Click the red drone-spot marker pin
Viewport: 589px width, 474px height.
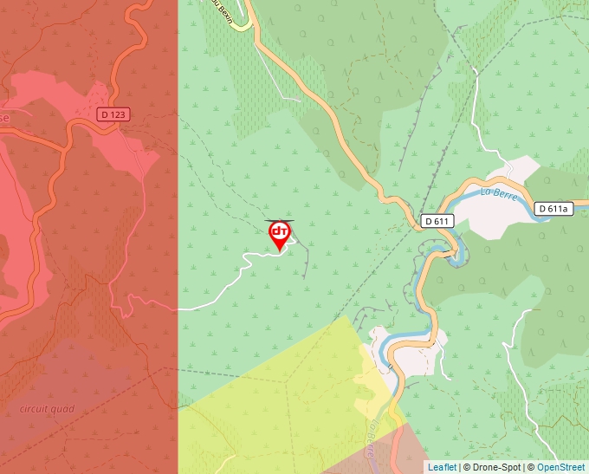pos(280,235)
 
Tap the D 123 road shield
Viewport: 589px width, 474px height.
pos(113,114)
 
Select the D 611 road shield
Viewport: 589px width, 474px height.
pos(438,221)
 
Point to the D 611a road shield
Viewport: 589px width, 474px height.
pos(553,208)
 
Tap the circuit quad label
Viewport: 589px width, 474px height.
pos(48,409)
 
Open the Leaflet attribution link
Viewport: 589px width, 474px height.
pos(442,467)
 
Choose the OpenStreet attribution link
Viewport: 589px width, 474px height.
pos(562,467)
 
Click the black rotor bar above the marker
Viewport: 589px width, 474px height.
pos(279,221)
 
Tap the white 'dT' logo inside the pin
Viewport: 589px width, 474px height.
pos(280,231)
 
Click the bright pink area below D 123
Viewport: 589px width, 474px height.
pos(121,147)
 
